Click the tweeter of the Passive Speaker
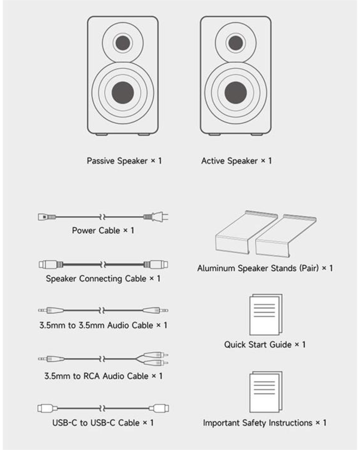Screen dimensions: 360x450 (123, 43)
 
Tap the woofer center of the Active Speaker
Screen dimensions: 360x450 (235, 93)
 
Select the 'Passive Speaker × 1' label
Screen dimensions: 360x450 (124, 161)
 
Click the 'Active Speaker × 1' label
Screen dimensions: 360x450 (236, 161)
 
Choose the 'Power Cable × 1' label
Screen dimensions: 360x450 (103, 231)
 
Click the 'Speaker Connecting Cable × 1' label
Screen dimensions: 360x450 (103, 279)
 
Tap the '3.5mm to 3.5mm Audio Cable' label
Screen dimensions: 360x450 (96, 325)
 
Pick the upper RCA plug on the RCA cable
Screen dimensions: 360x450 (156, 355)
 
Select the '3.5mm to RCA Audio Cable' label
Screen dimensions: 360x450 (96, 376)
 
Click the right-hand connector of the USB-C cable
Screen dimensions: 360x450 (159, 408)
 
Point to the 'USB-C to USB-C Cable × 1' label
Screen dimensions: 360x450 (103, 423)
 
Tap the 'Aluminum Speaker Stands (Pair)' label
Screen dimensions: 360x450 (258, 268)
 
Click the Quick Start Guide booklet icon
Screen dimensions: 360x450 (266, 314)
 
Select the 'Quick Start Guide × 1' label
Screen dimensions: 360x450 (265, 345)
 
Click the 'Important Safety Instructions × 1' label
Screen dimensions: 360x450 (265, 423)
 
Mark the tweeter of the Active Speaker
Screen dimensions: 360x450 (235, 43)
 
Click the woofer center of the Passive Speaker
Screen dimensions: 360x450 (123, 93)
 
